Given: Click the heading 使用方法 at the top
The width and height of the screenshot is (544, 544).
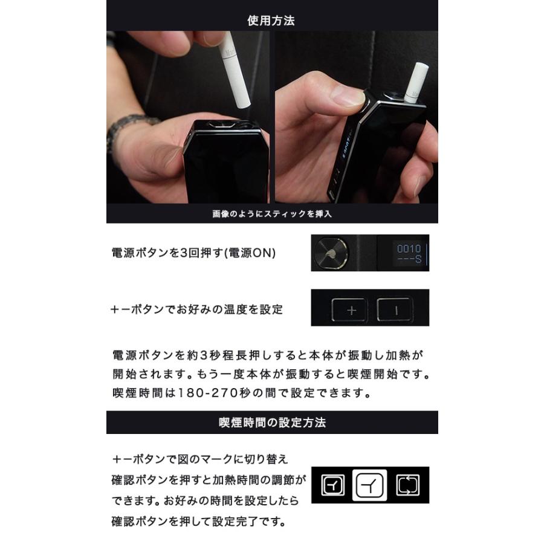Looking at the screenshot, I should coord(271,20).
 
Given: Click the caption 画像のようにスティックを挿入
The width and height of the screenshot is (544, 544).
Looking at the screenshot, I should coord(272,213).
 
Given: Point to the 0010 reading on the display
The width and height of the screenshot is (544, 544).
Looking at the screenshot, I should coord(409,248).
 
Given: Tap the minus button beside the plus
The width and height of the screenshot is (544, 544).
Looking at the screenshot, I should coord(395,311).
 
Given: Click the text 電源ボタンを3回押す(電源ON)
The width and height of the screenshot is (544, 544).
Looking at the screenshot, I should coord(193,253).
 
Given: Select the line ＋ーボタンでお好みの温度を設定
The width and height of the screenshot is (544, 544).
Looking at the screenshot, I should coord(197,309).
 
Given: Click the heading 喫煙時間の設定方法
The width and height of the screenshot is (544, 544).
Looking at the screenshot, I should coord(272,423).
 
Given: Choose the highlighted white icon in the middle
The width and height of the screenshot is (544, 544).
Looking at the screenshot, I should coord(370,485).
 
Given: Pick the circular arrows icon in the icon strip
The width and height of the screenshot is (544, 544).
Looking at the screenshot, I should coord(408,485).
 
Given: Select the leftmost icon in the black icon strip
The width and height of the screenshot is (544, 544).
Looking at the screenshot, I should coord(332,485).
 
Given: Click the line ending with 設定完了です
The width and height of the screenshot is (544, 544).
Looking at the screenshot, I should coord(198,520).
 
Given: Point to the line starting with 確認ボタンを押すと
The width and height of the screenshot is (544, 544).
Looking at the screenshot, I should coord(209,481).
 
